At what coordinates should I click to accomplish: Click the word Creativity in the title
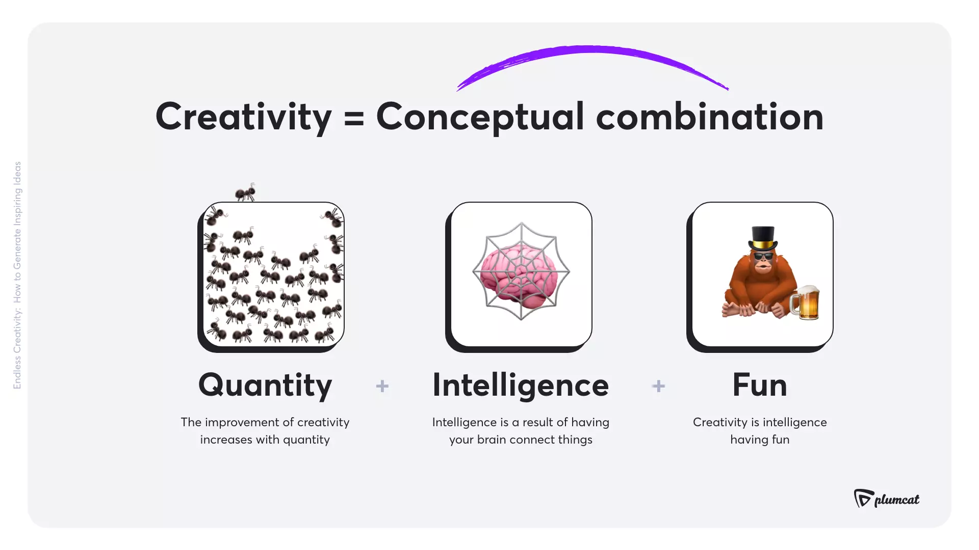pos(243,117)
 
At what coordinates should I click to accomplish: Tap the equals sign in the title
pos(354,118)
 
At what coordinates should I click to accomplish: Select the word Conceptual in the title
pos(480,117)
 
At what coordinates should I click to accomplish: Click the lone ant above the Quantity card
pos(245,193)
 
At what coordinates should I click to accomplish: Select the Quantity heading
pos(265,386)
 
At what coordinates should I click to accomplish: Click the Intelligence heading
pos(521,386)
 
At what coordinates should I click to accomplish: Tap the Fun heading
pos(760,386)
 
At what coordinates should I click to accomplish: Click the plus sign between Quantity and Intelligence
pos(382,386)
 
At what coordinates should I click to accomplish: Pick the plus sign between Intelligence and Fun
pos(658,386)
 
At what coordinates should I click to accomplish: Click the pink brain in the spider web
pos(521,275)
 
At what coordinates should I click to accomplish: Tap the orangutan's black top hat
pos(763,237)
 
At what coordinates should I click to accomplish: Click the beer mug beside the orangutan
pos(806,302)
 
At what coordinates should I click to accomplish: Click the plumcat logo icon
pos(863,498)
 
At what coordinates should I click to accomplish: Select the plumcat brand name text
pos(897,500)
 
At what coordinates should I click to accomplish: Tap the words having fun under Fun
pos(760,439)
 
